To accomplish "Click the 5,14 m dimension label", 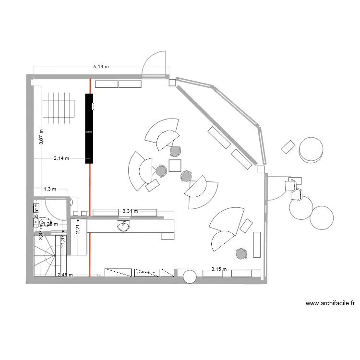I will (x=101, y=67).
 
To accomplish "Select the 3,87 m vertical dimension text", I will (x=42, y=137).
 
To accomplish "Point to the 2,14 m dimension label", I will (x=61, y=158).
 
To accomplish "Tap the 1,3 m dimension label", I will (x=50, y=189).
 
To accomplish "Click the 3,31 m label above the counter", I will (x=130, y=211).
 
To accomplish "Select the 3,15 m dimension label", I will (x=219, y=270).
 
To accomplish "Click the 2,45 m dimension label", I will (x=65, y=275).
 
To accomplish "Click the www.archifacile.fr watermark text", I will (x=330, y=303).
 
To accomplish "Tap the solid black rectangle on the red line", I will (x=89, y=129).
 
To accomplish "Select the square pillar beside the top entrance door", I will (x=172, y=83).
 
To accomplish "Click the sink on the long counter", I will (x=122, y=225).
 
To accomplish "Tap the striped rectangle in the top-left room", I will (x=58, y=106).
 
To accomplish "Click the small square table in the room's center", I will (x=174, y=166).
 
